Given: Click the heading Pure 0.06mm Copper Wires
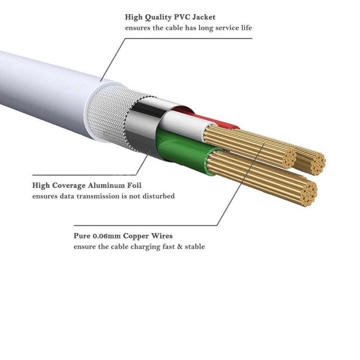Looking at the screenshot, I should [123, 236].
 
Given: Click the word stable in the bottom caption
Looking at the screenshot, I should [196, 247].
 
